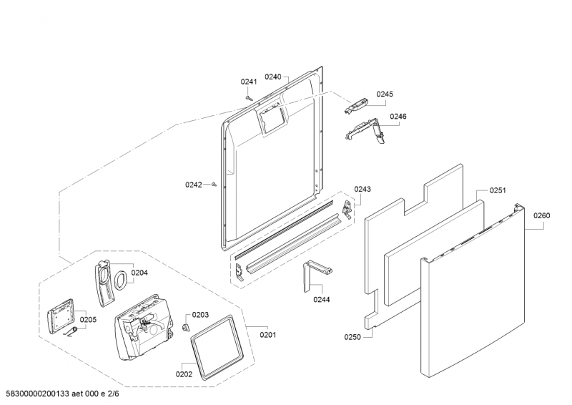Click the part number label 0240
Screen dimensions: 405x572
click(273, 77)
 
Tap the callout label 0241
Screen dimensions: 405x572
click(249, 82)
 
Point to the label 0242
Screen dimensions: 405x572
click(194, 185)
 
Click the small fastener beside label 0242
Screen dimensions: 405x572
click(214, 185)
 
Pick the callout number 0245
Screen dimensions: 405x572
click(385, 94)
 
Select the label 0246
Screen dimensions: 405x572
click(398, 116)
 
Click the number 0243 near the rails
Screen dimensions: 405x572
click(363, 189)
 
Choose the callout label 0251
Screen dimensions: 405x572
click(498, 190)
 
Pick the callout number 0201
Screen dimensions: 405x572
click(268, 334)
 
